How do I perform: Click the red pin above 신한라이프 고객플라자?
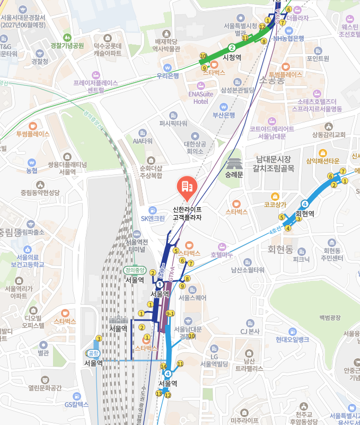tap(186, 185)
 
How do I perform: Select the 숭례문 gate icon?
tap(234, 160)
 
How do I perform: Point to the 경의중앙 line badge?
tap(134, 270)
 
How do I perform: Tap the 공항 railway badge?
tap(93, 353)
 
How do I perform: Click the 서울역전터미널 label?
tap(137, 245)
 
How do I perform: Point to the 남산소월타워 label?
tap(247, 270)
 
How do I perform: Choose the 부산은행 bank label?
tap(224, 115)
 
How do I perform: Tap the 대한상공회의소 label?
tap(195, 147)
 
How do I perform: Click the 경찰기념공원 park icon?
tap(67, 38)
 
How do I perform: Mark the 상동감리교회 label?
tap(329, 134)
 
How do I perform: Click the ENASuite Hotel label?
tap(200, 98)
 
